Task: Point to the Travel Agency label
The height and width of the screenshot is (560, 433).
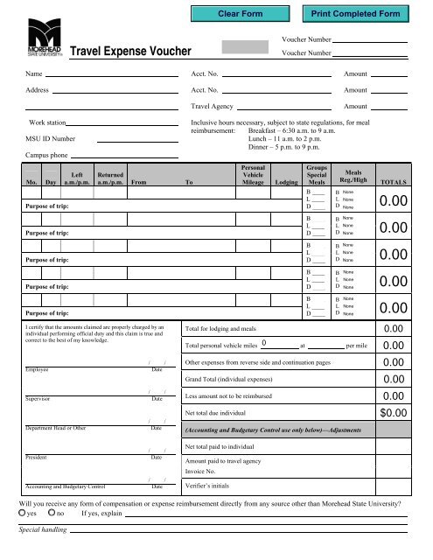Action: pyautogui.click(x=216, y=106)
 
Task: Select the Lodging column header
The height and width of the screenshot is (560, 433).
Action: pyautogui.click(x=284, y=183)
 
